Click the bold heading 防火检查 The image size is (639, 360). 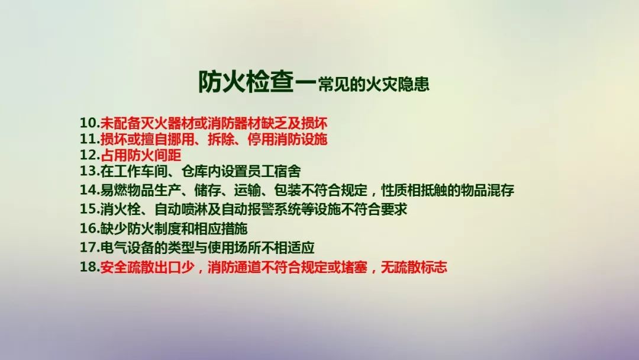[x=246, y=82]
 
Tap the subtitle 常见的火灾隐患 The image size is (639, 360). [x=374, y=84]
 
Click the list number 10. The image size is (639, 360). [x=89, y=123]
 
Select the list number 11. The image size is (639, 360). [x=89, y=139]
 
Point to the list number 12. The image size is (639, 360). [x=89, y=155]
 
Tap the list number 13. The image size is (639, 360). [x=89, y=171]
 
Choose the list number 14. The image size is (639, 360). [x=89, y=189]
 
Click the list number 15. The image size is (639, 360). [x=89, y=209]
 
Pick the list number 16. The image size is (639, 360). [x=89, y=228]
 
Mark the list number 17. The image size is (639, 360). [x=89, y=247]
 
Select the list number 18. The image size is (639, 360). [x=89, y=266]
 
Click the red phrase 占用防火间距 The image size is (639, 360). [x=141, y=155]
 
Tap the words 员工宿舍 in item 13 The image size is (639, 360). [x=274, y=171]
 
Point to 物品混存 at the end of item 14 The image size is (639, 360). [x=487, y=190]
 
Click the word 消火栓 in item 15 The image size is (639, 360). [x=120, y=209]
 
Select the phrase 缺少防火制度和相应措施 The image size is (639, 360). [x=173, y=229]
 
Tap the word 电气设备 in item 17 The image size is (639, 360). [x=127, y=247]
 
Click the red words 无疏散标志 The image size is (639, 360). [x=414, y=267]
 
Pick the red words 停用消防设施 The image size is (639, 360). [x=288, y=139]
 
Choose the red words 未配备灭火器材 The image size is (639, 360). [x=147, y=123]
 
